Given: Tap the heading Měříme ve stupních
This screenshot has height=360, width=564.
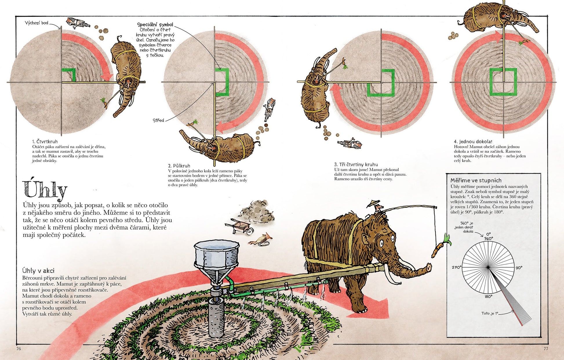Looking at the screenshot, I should click(x=476, y=180).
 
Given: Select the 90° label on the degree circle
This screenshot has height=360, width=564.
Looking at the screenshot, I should click(x=519, y=268).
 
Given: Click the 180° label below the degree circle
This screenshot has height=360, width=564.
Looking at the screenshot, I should click(x=488, y=297).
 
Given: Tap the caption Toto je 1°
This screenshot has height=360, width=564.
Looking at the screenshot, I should click(x=490, y=313).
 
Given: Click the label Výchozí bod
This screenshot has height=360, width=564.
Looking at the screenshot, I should click(x=36, y=23).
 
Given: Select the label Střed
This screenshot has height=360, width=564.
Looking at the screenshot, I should click(x=158, y=120).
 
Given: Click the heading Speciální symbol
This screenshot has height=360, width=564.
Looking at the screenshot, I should click(x=155, y=25).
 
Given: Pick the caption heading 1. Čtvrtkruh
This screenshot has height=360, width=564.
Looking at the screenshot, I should click(x=45, y=141).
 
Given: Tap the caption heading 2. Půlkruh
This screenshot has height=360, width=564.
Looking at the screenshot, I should click(x=179, y=166).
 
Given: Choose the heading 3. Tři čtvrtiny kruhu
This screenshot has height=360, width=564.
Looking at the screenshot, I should click(x=356, y=164).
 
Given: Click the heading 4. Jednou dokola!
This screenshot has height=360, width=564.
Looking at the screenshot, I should click(x=473, y=141).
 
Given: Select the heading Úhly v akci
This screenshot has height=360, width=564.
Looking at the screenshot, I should click(x=38, y=271).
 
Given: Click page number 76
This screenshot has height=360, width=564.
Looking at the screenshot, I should click(x=19, y=348).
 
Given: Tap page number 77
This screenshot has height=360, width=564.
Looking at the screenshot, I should click(x=546, y=348).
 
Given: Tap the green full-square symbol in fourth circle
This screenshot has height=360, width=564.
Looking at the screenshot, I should click(x=503, y=82).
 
